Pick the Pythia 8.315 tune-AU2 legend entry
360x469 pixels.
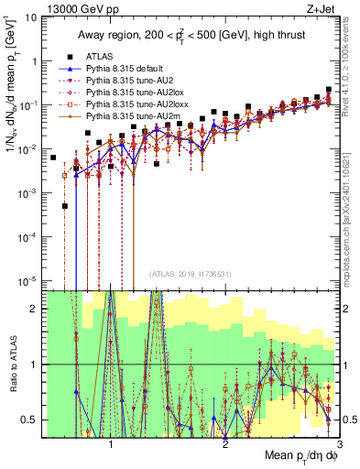click(128, 81)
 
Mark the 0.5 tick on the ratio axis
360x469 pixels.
click(32, 420)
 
